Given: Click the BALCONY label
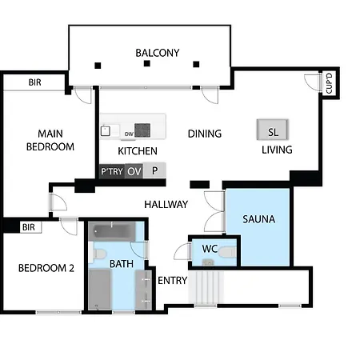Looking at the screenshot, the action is click(158, 53).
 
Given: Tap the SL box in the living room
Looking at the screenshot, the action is click(273, 130).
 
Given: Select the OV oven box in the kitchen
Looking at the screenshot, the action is click(134, 171).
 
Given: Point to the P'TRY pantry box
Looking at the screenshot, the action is click(112, 171).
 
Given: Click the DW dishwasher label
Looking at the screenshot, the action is click(129, 134).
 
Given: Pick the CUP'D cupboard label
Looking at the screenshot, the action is click(330, 83).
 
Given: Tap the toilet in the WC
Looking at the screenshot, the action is click(227, 252).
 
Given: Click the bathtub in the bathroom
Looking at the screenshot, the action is click(112, 231).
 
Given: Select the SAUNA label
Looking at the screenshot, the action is click(258, 219).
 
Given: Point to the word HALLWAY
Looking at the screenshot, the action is click(166, 205).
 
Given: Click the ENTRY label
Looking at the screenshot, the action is click(173, 281).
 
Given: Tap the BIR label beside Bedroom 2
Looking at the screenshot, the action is click(29, 227).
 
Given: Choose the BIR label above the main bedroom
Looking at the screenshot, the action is click(35, 82).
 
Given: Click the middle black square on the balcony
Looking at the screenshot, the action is click(147, 63).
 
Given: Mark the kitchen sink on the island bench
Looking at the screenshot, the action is click(106, 131).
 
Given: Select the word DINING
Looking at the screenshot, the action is click(205, 134).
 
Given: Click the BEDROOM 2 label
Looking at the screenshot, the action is click(46, 268).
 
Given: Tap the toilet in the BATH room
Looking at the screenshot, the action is click(98, 254).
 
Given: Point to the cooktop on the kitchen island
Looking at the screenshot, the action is click(142, 130).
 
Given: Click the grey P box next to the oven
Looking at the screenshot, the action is click(154, 170).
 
